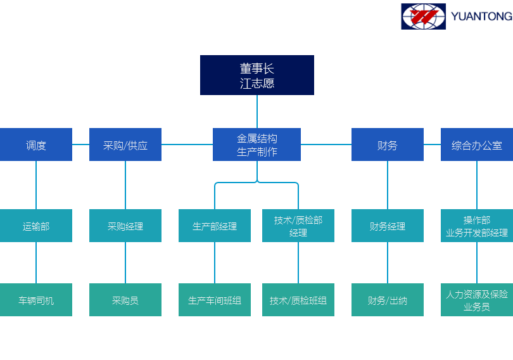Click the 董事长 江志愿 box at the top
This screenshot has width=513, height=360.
(x=256, y=75)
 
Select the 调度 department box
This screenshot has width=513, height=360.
(x=36, y=145)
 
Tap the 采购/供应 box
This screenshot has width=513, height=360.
(x=125, y=145)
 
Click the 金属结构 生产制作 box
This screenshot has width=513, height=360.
(x=256, y=145)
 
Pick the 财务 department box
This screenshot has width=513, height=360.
(x=388, y=145)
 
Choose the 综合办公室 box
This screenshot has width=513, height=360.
(x=476, y=145)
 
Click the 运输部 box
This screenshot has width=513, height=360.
(x=36, y=226)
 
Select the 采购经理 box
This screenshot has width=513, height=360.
(x=125, y=226)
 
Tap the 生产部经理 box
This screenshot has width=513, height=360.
(x=215, y=226)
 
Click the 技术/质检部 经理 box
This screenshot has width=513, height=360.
(x=298, y=226)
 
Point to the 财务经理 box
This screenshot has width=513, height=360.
(x=388, y=226)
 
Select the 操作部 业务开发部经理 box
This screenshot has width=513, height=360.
(x=476, y=226)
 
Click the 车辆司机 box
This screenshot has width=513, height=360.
(x=36, y=300)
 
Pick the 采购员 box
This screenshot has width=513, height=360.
(x=125, y=300)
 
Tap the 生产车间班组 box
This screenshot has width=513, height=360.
(x=215, y=300)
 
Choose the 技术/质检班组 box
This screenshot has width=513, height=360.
(x=298, y=300)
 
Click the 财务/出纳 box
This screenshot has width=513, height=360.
(x=388, y=300)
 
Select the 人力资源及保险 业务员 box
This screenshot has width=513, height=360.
(x=476, y=300)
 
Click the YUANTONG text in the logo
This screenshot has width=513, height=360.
(x=481, y=16)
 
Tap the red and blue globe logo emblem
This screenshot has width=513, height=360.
(x=423, y=16)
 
